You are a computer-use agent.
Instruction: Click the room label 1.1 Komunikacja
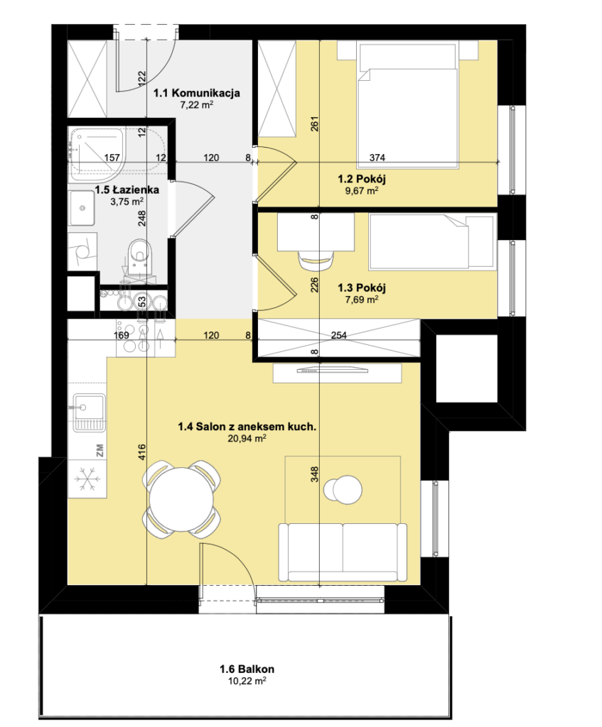click(197, 93)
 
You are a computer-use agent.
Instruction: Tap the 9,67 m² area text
click(362, 190)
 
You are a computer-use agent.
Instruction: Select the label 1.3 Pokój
click(362, 288)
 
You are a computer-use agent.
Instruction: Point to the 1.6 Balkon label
click(247, 669)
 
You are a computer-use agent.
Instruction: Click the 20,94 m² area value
click(247, 438)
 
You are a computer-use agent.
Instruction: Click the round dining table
click(181, 499)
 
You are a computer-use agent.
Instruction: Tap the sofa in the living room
click(343, 552)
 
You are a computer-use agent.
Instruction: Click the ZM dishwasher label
click(100, 449)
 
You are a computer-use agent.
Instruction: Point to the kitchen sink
click(89, 412)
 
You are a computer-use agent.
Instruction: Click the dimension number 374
click(377, 158)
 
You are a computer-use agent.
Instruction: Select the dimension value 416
click(142, 452)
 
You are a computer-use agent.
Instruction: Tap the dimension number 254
click(339, 335)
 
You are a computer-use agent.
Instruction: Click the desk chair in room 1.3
click(317, 260)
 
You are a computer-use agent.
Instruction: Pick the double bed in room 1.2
click(407, 105)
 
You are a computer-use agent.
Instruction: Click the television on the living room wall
click(333, 369)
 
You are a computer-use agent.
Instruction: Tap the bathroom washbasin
click(82, 208)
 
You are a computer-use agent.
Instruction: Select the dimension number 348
click(315, 474)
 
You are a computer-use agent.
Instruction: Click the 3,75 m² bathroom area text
click(127, 202)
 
